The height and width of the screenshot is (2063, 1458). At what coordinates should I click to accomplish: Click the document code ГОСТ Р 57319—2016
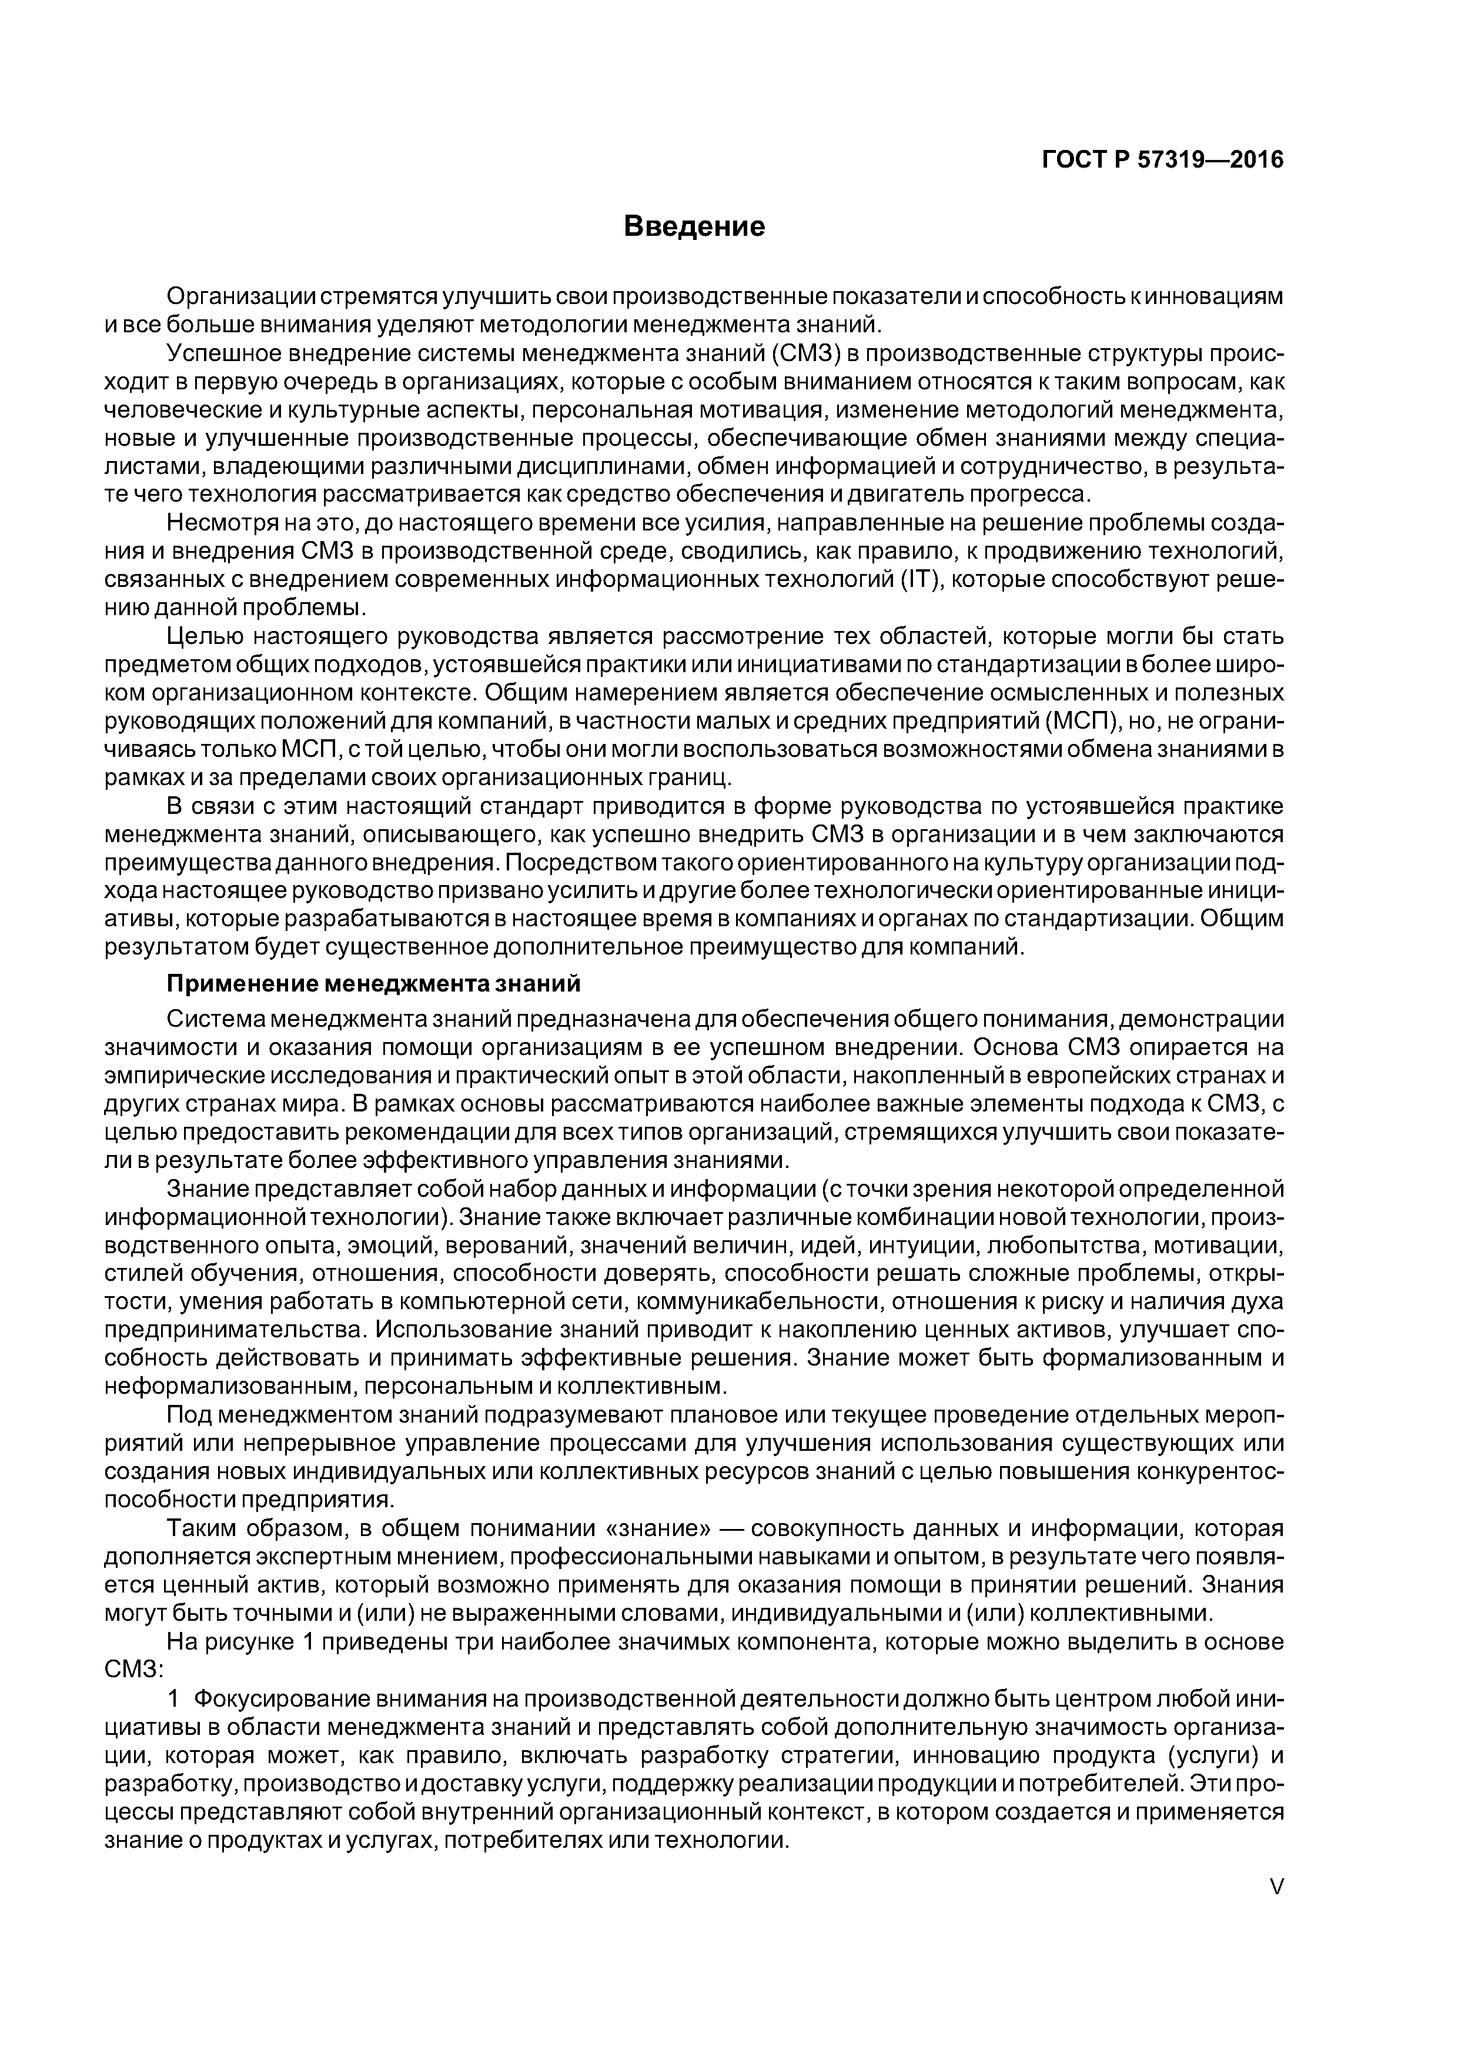click(1162, 160)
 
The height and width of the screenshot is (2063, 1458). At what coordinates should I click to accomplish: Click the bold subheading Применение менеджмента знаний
click(374, 984)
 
